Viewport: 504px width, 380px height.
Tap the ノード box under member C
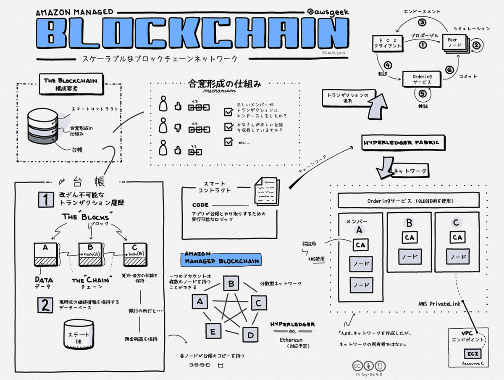(x=457, y=256)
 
